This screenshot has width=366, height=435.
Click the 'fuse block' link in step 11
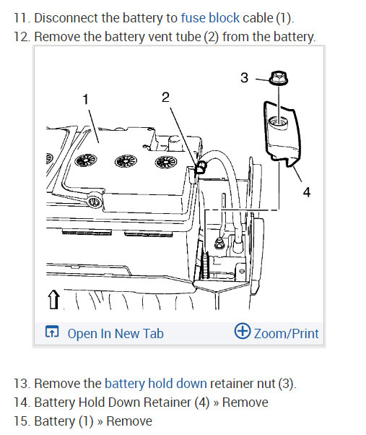(210, 18)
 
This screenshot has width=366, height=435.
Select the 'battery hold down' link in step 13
(156, 384)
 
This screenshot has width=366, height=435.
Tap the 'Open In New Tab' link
(116, 334)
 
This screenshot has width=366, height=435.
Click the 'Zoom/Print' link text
(286, 334)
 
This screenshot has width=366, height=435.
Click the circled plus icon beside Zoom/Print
(242, 331)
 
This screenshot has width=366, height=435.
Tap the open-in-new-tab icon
(52, 332)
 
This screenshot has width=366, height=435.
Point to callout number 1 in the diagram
(86, 99)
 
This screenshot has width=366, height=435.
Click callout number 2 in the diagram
(165, 97)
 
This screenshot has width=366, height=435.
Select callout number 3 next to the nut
(245, 78)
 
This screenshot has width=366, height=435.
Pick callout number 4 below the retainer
(306, 192)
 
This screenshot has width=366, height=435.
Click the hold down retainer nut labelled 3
(279, 78)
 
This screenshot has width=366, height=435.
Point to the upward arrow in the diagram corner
(53, 299)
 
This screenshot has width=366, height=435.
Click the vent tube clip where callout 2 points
(201, 167)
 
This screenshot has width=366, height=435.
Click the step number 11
(22, 18)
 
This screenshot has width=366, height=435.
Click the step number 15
(22, 421)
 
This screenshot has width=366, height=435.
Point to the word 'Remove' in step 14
(245, 402)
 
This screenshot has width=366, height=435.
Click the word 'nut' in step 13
(266, 384)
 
